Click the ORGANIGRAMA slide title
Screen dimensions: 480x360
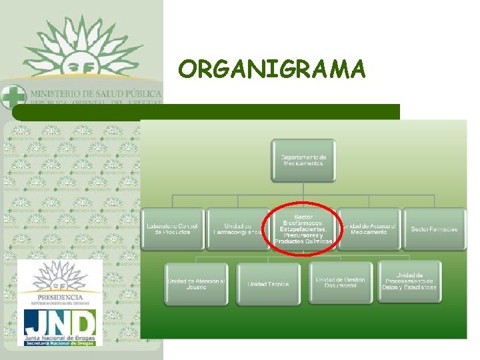(x=272, y=69)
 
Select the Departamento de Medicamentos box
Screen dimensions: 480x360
(x=303, y=160)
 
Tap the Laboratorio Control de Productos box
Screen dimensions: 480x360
(x=172, y=229)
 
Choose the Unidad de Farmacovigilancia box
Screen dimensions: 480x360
(x=237, y=229)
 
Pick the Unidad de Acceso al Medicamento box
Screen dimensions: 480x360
(x=369, y=229)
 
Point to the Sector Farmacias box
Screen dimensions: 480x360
(x=434, y=229)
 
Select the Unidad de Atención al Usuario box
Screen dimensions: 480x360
(x=196, y=284)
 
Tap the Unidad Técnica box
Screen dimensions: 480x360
(x=268, y=284)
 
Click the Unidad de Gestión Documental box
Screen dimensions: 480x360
(x=341, y=283)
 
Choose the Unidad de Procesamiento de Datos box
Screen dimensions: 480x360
(x=409, y=281)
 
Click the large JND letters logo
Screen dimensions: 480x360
(x=60, y=325)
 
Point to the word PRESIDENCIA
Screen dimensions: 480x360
(x=60, y=297)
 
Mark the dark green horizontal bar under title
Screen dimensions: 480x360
(x=207, y=111)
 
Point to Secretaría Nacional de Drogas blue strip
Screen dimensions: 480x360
(x=60, y=343)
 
